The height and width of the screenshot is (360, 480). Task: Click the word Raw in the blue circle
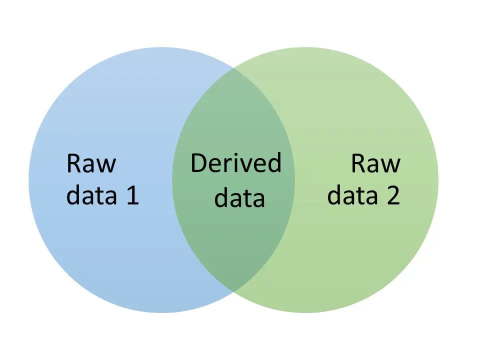coord(91,164)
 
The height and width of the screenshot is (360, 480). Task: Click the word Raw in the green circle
coord(375,164)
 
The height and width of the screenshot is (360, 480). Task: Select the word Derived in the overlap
coord(235,163)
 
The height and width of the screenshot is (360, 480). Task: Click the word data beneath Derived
coord(239,198)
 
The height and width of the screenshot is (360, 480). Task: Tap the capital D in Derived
coord(199,163)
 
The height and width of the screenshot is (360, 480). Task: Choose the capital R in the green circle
coord(359,164)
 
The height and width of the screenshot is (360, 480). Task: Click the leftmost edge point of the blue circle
coord(28,180)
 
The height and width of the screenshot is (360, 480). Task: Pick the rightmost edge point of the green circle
coord(438,180)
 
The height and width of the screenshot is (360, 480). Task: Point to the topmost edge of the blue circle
coord(161,47)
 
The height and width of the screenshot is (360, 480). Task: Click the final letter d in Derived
coord(274,163)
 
